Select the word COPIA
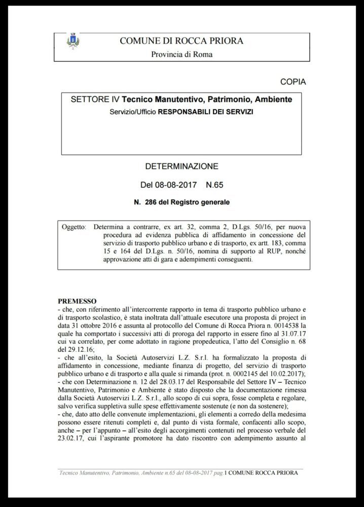coord(293,81)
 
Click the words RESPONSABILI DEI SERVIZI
coord(205,111)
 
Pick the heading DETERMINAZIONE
coord(182,166)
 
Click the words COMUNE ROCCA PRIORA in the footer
coord(264,473)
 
